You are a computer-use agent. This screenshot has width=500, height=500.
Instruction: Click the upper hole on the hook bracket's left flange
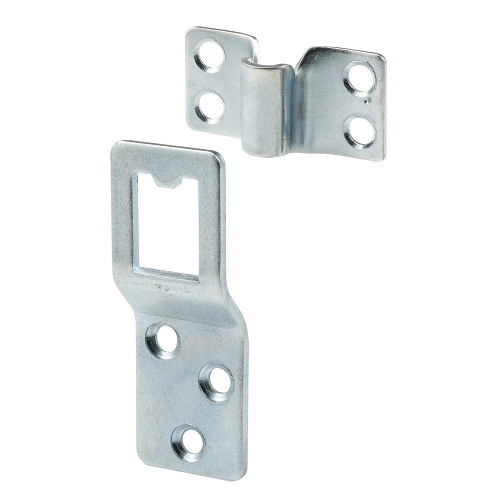209,55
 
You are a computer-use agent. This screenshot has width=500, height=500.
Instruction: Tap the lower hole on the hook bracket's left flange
209,106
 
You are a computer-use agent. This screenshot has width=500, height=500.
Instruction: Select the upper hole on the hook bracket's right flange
359,78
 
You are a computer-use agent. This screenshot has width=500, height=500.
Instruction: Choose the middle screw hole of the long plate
216,382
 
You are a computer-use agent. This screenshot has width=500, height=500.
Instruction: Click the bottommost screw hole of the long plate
188,442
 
